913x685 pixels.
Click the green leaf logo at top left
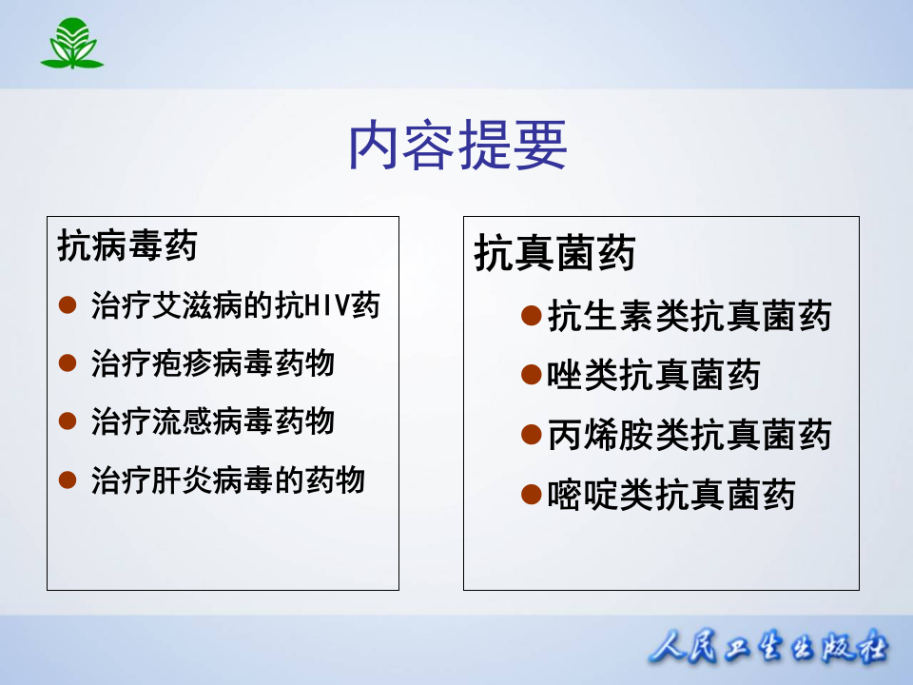(x=71, y=44)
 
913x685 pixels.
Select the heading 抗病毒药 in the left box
(x=127, y=245)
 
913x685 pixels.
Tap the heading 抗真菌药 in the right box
(x=554, y=254)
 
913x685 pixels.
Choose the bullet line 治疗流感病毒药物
(x=213, y=421)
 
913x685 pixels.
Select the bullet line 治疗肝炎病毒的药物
(x=228, y=479)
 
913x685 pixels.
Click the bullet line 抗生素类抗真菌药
(x=690, y=316)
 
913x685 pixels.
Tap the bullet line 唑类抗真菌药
(x=654, y=376)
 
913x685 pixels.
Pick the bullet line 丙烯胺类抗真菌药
(x=690, y=435)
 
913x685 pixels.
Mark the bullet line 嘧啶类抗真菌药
(x=671, y=495)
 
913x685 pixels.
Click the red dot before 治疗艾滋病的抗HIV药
(x=68, y=305)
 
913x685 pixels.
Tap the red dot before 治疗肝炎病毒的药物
(x=68, y=479)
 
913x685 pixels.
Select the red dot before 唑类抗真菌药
(x=532, y=376)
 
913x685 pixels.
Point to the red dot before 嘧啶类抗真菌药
(x=532, y=495)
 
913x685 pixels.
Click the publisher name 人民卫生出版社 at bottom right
(x=769, y=649)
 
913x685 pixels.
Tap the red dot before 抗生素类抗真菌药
(x=532, y=316)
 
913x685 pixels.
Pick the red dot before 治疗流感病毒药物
(x=68, y=421)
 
